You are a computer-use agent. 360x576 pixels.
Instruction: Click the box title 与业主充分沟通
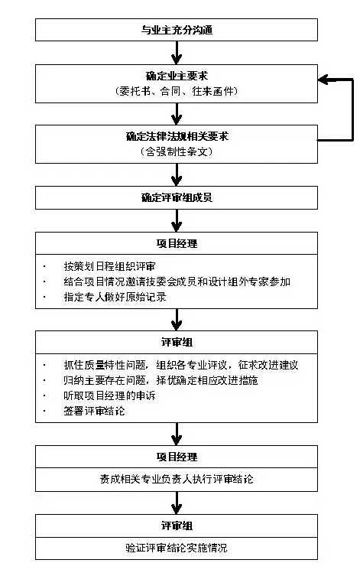(x=177, y=30)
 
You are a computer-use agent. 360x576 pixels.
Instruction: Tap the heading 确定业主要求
(x=177, y=76)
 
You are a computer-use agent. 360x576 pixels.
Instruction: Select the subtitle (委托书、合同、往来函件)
(x=177, y=91)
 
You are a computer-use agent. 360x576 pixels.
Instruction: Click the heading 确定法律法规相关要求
(x=177, y=137)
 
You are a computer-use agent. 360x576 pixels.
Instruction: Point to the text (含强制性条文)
(x=177, y=151)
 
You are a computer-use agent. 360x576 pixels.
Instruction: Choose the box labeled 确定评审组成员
(x=177, y=197)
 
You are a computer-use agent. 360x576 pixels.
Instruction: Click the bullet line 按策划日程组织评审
(x=110, y=266)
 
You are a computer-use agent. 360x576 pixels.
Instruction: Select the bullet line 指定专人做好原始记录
(x=115, y=297)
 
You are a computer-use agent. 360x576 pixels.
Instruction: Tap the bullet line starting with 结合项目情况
(x=177, y=281)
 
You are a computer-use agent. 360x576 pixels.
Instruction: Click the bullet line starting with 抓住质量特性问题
(x=180, y=365)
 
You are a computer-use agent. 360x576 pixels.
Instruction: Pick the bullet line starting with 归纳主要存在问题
(x=161, y=380)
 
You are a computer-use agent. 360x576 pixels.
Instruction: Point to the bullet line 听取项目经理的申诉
(x=110, y=395)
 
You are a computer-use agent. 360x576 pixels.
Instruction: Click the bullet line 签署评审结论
(x=94, y=411)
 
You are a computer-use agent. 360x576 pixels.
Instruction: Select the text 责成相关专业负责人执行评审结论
(x=177, y=479)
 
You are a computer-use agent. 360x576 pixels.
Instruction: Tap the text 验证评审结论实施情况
(x=177, y=548)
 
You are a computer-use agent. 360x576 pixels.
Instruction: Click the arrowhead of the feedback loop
(x=323, y=80)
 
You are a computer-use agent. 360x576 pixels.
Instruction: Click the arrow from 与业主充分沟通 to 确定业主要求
(x=177, y=53)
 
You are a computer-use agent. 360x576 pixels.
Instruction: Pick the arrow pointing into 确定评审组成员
(x=177, y=174)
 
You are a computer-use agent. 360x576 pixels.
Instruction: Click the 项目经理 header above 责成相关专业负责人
(x=177, y=457)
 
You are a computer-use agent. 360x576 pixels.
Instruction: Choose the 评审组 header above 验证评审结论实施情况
(x=177, y=526)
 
